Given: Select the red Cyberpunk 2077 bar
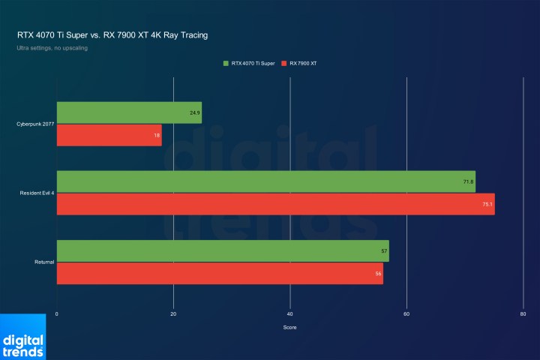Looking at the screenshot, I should (x=109, y=135).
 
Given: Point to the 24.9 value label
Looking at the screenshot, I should (x=194, y=112).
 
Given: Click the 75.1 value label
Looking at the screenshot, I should (x=487, y=204).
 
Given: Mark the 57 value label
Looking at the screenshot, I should (x=384, y=250).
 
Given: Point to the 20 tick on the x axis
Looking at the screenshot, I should (x=174, y=313).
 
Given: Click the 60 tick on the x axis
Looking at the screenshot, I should (x=406, y=313).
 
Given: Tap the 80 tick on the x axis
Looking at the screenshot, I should (x=523, y=313).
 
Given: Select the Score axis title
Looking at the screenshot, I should (x=289, y=327).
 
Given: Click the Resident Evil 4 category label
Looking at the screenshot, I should (x=37, y=193).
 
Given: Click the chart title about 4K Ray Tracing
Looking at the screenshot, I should (x=112, y=34).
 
